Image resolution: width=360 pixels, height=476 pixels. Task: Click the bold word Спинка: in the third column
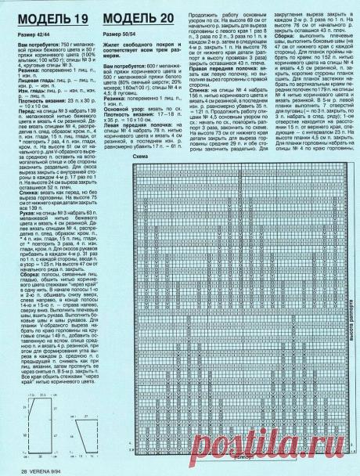click(200, 113)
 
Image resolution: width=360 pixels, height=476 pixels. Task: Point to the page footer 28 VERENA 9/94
click(43, 470)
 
